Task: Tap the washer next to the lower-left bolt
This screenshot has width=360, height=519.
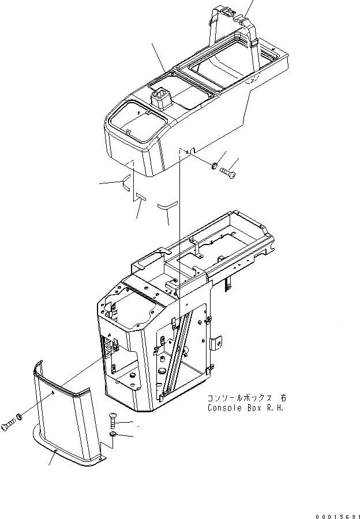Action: point(20,416)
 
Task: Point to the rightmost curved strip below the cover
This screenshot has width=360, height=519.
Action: point(167,204)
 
